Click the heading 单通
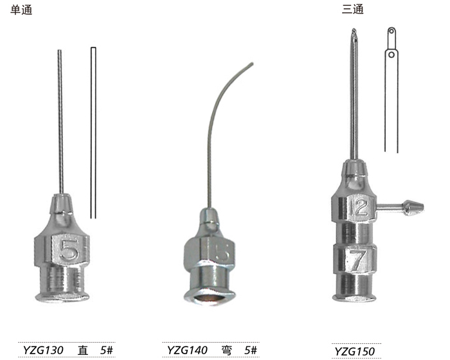coord(21,10)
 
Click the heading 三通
coord(353,9)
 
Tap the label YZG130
coord(43,350)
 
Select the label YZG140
coord(187,350)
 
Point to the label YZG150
coord(354,352)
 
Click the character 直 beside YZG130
coord(83,350)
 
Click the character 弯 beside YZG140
coord(227,350)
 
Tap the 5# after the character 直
coord(107,350)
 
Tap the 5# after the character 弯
coord(251,350)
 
